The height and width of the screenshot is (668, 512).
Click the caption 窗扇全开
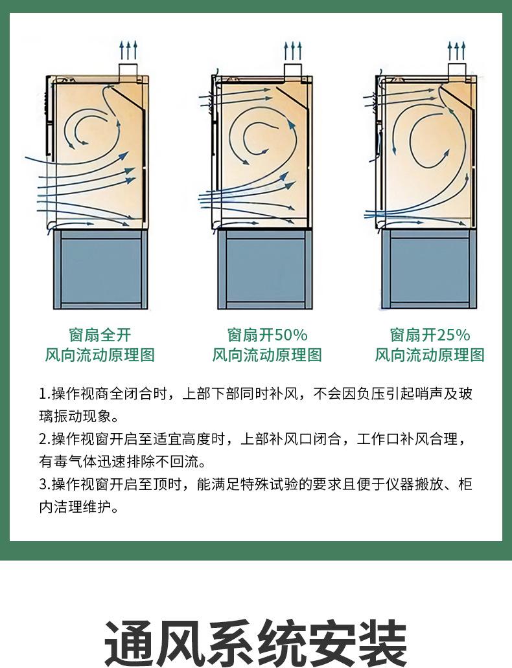[100, 335]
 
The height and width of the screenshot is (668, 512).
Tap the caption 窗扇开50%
[267, 335]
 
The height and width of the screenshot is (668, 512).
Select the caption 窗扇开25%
[430, 335]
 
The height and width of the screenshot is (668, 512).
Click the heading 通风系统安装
[256, 641]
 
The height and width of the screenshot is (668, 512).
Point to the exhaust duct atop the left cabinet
[128, 69]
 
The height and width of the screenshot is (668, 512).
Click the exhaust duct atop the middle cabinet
[293, 69]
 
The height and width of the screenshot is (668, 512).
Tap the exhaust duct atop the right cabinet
[458, 69]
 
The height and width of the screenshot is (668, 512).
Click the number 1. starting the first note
[44, 394]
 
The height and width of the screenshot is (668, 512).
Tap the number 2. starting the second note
[44, 440]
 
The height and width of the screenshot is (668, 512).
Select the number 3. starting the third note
[44, 485]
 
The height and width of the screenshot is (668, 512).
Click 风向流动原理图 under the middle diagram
[267, 355]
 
